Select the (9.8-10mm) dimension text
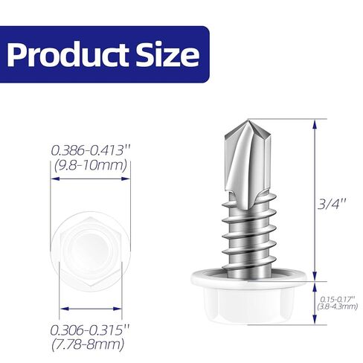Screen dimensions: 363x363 coord(91,165)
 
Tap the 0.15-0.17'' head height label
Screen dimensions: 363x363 coord(338,296)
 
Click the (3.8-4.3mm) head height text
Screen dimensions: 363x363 coord(338,304)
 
